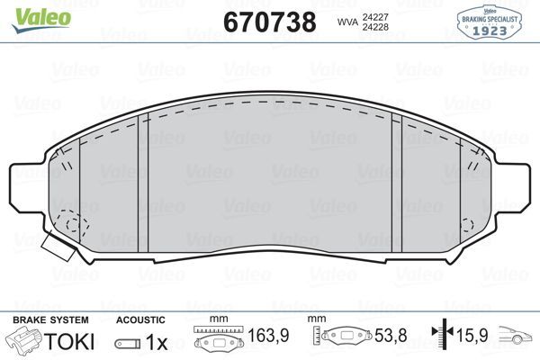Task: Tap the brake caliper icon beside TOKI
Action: pyautogui.click(x=24, y=341)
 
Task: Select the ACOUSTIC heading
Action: pyautogui.click(x=140, y=319)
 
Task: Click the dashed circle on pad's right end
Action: pyautogui.click(x=465, y=224)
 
